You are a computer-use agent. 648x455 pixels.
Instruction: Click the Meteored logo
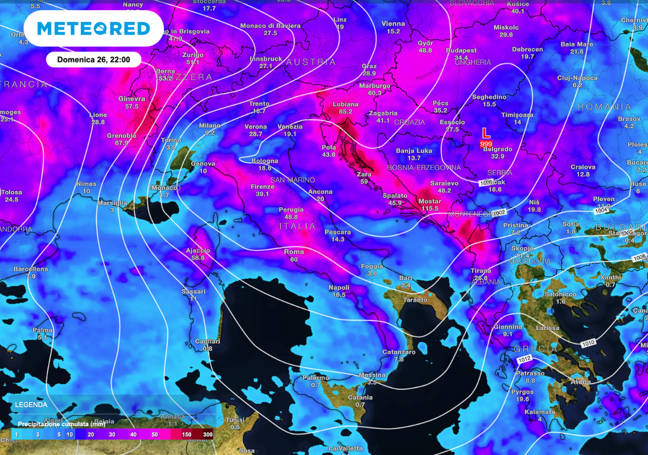pyautogui.click(x=93, y=28)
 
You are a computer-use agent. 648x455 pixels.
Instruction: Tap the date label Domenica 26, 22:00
pyautogui.click(x=94, y=60)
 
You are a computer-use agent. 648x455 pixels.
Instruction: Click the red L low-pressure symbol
pyautogui.click(x=485, y=134)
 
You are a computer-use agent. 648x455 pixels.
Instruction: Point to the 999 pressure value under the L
pyautogui.click(x=486, y=145)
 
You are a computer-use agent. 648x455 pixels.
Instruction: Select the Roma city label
pyautogui.click(x=294, y=252)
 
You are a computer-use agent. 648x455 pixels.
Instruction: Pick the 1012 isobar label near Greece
pyautogui.click(x=525, y=360)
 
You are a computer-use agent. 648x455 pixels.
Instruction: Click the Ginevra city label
pyautogui.click(x=132, y=99)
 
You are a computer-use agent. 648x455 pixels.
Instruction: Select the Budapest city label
pyautogui.click(x=461, y=50)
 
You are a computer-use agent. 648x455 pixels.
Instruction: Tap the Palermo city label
pyautogui.click(x=315, y=377)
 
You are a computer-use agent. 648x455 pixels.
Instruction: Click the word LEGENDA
pyautogui.click(x=31, y=404)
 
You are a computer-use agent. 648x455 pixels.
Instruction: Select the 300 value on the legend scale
pyautogui.click(x=208, y=435)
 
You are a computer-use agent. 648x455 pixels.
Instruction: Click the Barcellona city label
pyautogui.click(x=30, y=269)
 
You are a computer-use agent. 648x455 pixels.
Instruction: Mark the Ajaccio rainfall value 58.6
pyautogui.click(x=198, y=258)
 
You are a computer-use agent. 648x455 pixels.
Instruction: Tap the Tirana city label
pyautogui.click(x=480, y=270)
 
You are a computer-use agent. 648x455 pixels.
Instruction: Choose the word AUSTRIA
pyautogui.click(x=311, y=62)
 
